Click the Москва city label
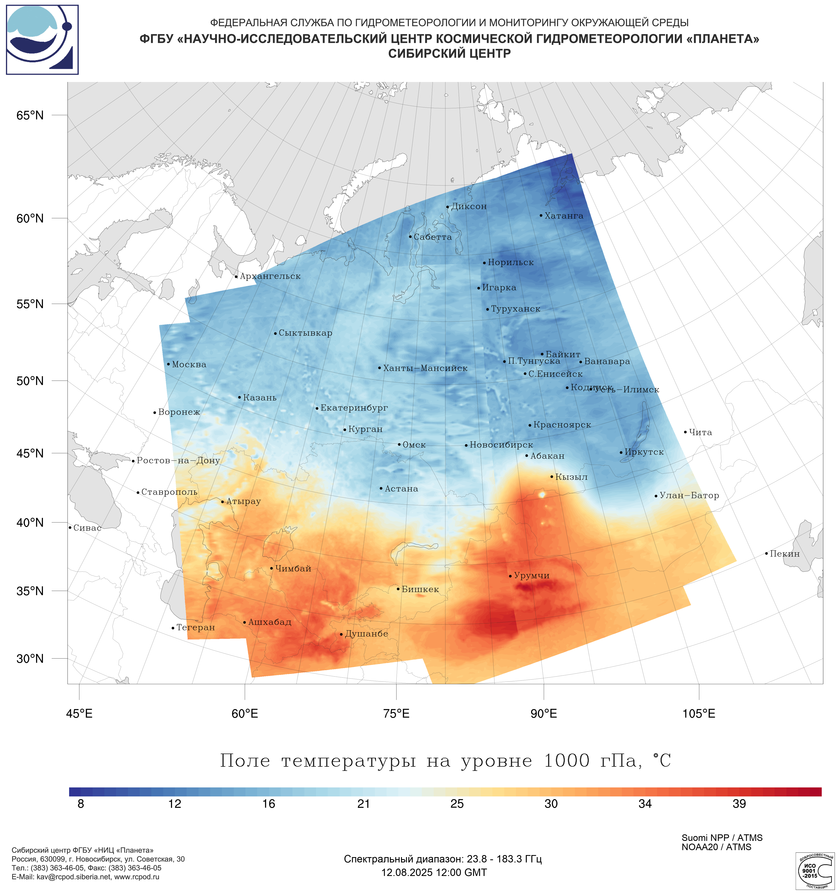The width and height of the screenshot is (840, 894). pyautogui.click(x=189, y=365)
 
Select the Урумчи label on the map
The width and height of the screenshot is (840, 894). pyautogui.click(x=531, y=576)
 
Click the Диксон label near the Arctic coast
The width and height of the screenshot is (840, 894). pyautogui.click(x=469, y=207)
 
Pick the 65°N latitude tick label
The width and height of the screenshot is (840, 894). pyautogui.click(x=30, y=116)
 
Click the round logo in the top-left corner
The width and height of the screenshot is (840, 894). pyautogui.click(x=42, y=40)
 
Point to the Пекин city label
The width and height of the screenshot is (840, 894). pyautogui.click(x=784, y=554)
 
